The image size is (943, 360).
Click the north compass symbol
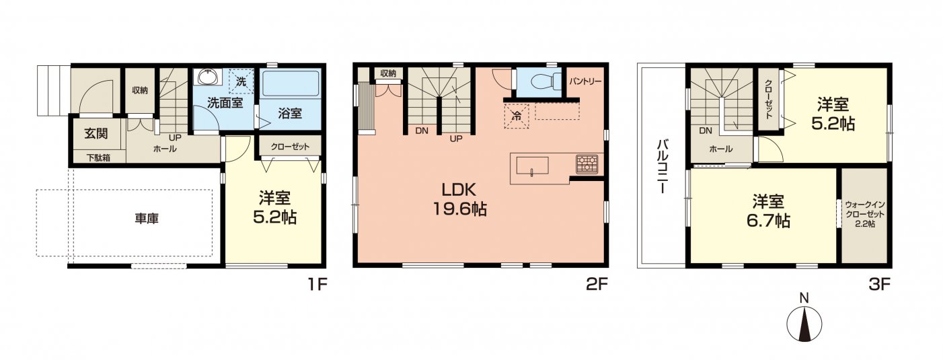[x=804, y=325]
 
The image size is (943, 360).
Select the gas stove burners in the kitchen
[x=587, y=164]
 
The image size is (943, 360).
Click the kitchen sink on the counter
[x=532, y=166]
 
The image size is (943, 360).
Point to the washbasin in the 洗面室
[x=209, y=77]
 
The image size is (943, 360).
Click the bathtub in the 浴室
[x=290, y=83]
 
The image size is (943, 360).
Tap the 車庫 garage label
[x=147, y=219]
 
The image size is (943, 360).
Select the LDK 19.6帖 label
[x=459, y=199]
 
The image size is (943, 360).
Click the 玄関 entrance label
[x=96, y=134]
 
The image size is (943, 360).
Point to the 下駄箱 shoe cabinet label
[x=98, y=157]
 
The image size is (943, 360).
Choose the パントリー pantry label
[x=585, y=81]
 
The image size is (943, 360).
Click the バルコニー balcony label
[x=663, y=167]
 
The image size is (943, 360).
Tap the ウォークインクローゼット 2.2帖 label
[x=865, y=214]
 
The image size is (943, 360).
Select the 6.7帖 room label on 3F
[x=768, y=211]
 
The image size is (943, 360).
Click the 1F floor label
[x=317, y=285]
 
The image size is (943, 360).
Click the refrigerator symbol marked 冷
[x=516, y=116]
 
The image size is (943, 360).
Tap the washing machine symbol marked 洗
[x=241, y=81]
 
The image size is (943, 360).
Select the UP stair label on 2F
[x=456, y=139]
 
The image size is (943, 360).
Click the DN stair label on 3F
[x=706, y=131]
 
